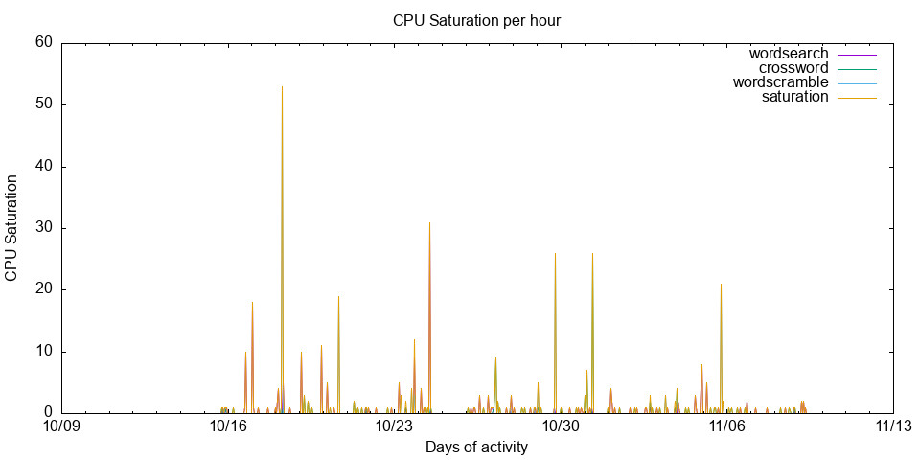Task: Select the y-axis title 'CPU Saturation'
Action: [11, 228]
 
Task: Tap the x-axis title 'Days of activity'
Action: [476, 448]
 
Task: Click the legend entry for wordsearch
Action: [789, 54]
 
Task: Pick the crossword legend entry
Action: [793, 68]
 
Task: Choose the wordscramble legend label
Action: [780, 82]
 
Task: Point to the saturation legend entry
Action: [794, 97]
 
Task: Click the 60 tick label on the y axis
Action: [43, 42]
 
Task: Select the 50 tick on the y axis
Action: [43, 104]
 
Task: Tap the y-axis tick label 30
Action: [43, 228]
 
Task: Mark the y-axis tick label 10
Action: [43, 352]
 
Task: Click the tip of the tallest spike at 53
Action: [282, 86]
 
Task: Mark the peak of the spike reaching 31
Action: [429, 222]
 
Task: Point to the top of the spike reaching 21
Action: [721, 284]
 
